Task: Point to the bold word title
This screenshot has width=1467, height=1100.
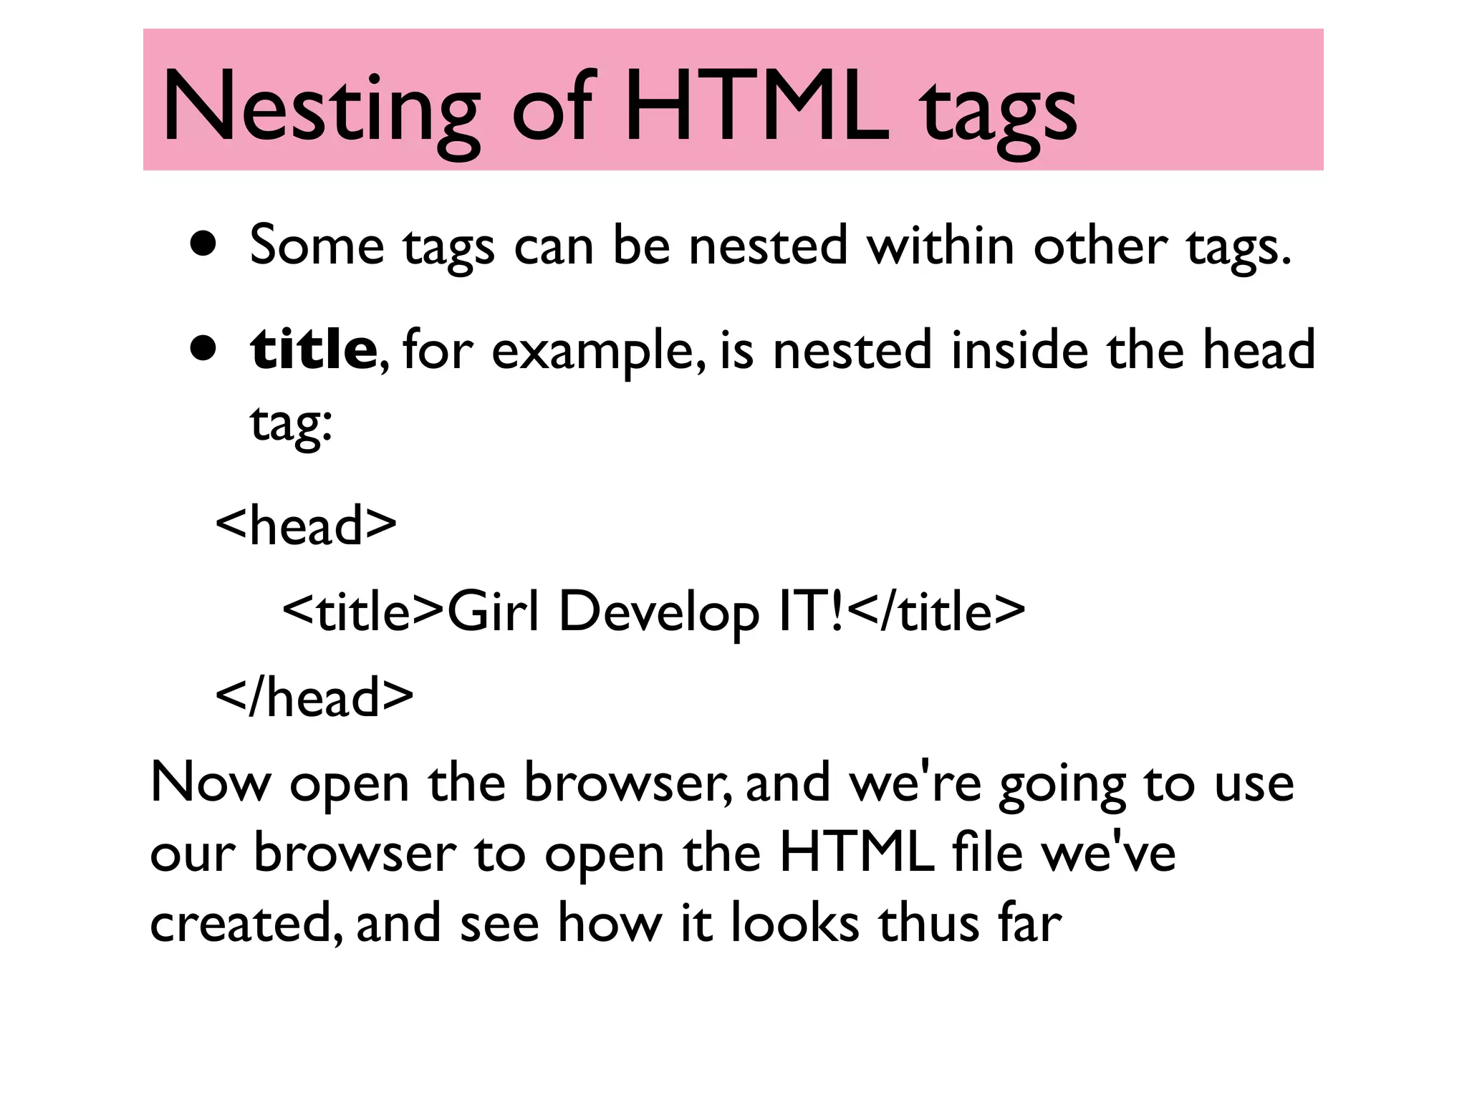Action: point(313,348)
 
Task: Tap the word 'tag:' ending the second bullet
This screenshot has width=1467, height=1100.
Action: point(291,423)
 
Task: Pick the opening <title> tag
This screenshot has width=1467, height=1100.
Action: point(364,612)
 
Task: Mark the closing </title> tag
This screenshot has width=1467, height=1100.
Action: point(940,612)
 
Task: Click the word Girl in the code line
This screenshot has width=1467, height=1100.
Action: point(492,612)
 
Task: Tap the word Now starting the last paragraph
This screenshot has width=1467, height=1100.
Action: point(211,783)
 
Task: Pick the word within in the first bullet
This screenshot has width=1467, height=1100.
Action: point(941,245)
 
